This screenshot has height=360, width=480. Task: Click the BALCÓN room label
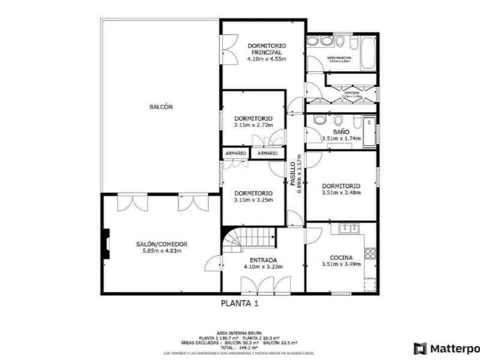click(161, 107)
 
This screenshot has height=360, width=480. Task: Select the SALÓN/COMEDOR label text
click(162, 244)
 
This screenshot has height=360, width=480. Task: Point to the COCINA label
click(341, 257)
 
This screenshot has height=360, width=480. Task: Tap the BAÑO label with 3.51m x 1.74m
click(341, 131)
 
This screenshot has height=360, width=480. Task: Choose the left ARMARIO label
click(236, 154)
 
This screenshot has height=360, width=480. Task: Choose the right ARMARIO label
click(268, 154)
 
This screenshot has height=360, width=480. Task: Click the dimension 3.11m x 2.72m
click(253, 125)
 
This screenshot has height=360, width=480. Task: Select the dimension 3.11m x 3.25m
click(253, 200)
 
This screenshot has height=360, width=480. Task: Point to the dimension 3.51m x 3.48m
click(341, 193)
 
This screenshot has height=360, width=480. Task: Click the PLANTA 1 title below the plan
click(239, 304)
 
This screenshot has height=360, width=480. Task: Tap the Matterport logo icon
click(420, 349)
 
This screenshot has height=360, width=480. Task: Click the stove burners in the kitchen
click(371, 253)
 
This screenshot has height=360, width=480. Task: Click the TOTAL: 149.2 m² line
click(239, 347)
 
